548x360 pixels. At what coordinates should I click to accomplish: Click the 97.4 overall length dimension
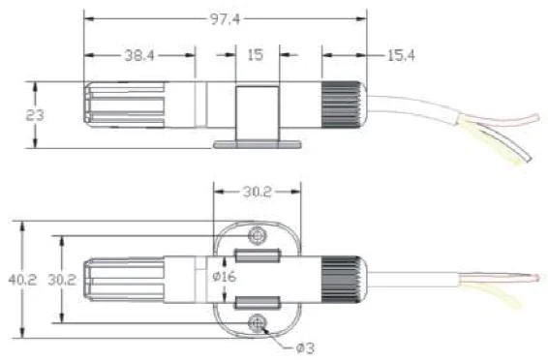[225, 19]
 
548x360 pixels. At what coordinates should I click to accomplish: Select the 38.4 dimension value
[139, 55]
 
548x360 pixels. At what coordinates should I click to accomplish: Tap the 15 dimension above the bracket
[256, 55]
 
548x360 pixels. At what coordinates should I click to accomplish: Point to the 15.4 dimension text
[401, 55]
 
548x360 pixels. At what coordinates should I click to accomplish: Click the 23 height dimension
[35, 115]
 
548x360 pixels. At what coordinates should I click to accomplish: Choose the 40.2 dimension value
[22, 280]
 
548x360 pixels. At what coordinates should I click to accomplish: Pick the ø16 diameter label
[224, 277]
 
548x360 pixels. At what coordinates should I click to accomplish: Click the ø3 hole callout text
[305, 348]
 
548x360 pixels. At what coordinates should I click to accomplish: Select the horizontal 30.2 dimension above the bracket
[258, 192]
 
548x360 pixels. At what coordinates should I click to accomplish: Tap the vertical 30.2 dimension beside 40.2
[62, 280]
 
